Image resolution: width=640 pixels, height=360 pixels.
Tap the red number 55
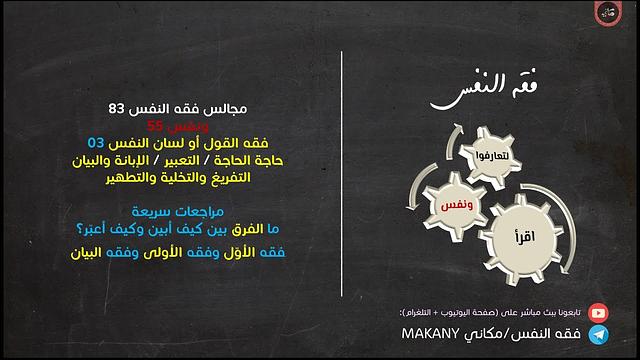point(153,125)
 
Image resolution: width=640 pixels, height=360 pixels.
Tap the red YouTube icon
point(597,312)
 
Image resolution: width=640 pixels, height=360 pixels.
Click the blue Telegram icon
point(597,334)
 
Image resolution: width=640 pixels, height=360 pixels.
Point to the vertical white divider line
point(342,180)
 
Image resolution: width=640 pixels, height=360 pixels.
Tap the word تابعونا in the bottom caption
point(568,312)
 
